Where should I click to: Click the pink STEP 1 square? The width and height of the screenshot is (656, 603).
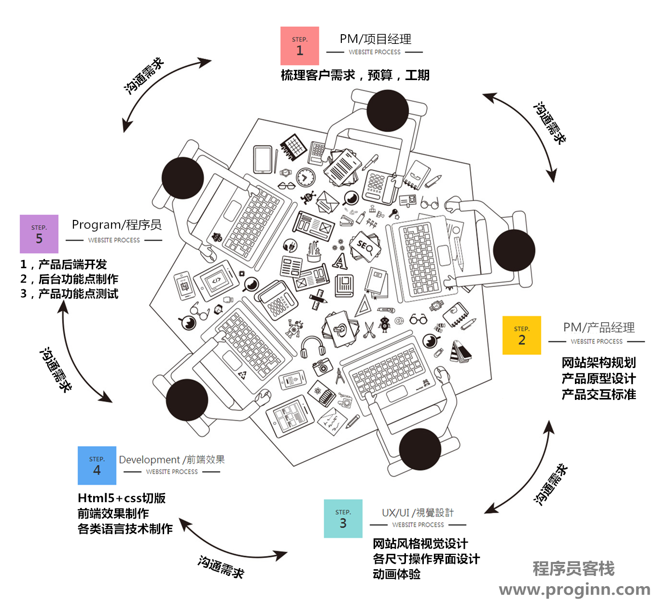(x=299, y=46)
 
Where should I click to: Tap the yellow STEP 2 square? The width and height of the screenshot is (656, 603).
(x=521, y=335)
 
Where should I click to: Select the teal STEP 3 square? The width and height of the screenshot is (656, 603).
(x=343, y=518)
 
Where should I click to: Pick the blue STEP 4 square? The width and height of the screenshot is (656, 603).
(x=97, y=465)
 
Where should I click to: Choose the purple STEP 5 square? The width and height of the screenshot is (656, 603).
(x=39, y=234)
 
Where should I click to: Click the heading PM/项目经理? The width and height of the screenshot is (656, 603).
(x=375, y=39)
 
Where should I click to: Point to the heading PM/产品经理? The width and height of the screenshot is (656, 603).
(x=599, y=328)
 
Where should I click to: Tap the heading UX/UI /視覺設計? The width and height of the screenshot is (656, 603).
(x=418, y=512)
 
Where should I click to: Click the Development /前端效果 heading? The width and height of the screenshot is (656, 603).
(x=171, y=460)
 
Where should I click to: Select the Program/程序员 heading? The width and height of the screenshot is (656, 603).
(x=116, y=225)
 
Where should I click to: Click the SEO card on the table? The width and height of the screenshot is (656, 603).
(x=365, y=247)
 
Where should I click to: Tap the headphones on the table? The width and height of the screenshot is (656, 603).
(x=312, y=346)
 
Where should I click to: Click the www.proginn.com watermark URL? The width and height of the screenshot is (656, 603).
(x=574, y=589)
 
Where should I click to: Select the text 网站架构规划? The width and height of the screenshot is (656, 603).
(x=599, y=363)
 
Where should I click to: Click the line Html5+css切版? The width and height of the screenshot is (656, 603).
(x=122, y=498)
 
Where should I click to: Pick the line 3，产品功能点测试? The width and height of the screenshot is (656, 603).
(x=69, y=294)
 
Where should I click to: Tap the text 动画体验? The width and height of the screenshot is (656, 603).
(x=396, y=574)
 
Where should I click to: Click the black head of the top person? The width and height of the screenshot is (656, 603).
(x=388, y=110)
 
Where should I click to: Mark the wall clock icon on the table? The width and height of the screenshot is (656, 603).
(x=306, y=177)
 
